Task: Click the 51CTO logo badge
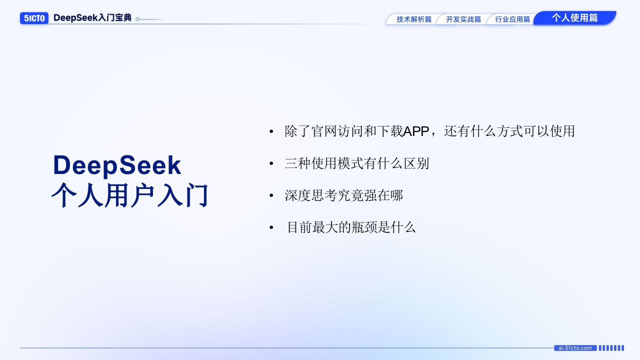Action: pyautogui.click(x=34, y=18)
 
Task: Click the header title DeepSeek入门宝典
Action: pyautogui.click(x=92, y=17)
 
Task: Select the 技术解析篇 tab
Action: pyautogui.click(x=413, y=19)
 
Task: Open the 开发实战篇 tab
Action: pyautogui.click(x=463, y=19)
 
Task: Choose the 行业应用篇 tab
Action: pyautogui.click(x=512, y=19)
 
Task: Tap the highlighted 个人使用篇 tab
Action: pyautogui.click(x=574, y=17)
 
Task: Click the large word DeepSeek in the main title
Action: pyautogui.click(x=117, y=165)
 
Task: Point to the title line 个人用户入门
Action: pyautogui.click(x=129, y=195)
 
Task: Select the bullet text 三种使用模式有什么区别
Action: pyautogui.click(x=357, y=163)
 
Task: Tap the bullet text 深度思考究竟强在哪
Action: pyautogui.click(x=343, y=195)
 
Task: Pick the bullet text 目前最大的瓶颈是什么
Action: pyautogui.click(x=351, y=227)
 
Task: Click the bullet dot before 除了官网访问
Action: pyautogui.click(x=271, y=131)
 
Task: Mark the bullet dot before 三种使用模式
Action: pyautogui.click(x=271, y=163)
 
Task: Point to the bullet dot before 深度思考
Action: pyautogui.click(x=271, y=195)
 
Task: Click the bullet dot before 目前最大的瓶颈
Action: pyautogui.click(x=271, y=227)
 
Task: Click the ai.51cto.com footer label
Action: pyautogui.click(x=575, y=348)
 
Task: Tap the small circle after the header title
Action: pyautogui.click(x=137, y=19)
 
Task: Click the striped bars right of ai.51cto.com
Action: pyautogui.click(x=611, y=348)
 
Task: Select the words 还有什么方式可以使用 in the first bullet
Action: pyautogui.click(x=509, y=131)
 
